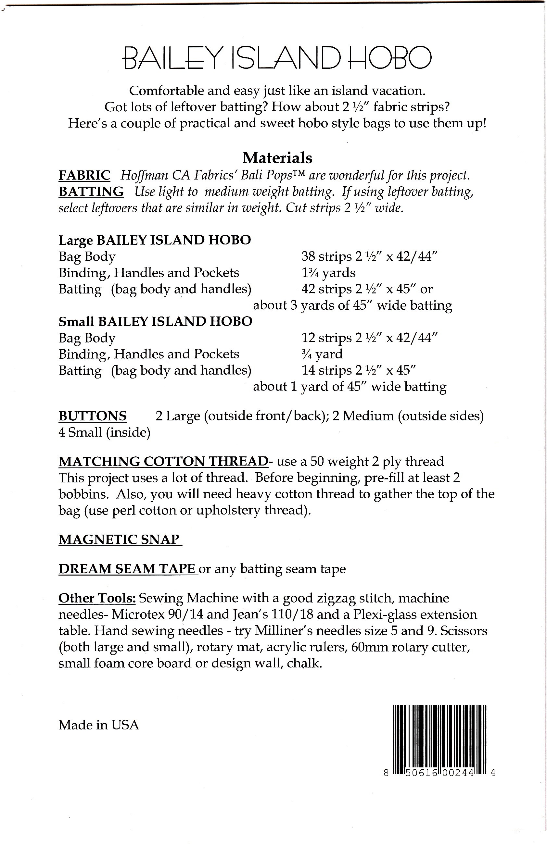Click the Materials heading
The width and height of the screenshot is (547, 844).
[277, 158]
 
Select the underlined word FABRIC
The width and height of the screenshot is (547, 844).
[84, 175]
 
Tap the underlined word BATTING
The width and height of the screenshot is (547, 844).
[91, 192]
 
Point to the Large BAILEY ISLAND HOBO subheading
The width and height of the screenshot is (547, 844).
[155, 240]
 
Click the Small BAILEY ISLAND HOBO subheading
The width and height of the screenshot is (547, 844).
[155, 321]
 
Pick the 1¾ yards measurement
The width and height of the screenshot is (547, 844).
[328, 273]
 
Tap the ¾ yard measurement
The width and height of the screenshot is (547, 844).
[322, 354]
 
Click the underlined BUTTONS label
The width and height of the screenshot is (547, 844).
[93, 416]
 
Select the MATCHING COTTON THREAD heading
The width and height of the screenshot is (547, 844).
[163, 461]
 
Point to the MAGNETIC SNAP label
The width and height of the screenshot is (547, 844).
[119, 540]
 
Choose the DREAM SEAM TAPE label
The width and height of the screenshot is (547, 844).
[127, 569]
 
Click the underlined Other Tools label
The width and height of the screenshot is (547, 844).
[97, 598]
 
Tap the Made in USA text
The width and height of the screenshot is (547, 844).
[99, 725]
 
